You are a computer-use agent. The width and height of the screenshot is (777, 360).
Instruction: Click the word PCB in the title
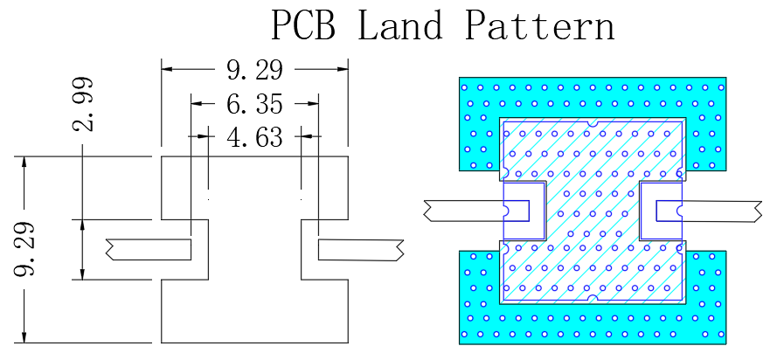point(302,24)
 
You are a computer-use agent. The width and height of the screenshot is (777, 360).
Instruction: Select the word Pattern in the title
point(539,24)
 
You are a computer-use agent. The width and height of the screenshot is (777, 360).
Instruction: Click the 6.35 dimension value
point(254,104)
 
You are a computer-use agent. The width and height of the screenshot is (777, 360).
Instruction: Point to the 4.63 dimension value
point(254,136)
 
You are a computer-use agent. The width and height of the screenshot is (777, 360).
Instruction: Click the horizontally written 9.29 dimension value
point(254,70)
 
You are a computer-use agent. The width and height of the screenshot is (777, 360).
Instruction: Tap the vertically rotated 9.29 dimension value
point(24,248)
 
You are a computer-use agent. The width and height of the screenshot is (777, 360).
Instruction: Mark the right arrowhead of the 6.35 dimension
point(312,103)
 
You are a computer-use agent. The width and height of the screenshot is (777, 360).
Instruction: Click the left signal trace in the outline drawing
point(149,250)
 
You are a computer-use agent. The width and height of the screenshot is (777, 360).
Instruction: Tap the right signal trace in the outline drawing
point(361,250)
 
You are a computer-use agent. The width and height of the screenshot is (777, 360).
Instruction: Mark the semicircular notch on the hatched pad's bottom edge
point(593,299)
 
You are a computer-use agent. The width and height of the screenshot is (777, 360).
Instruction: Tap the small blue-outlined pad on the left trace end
point(517,211)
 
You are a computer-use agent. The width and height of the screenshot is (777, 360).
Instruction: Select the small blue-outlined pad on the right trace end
point(669,211)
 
